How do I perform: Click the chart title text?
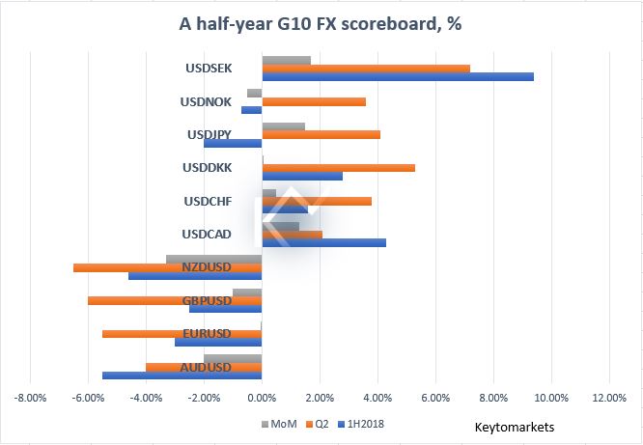321,24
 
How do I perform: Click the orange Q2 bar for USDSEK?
366,69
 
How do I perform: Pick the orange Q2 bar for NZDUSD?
168,267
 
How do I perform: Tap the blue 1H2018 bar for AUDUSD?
182,375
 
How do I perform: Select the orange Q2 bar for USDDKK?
339,168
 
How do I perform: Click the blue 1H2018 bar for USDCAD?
324,242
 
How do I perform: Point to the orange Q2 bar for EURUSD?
182,334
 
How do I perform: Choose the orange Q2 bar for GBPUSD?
175,301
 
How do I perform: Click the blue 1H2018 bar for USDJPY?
233,143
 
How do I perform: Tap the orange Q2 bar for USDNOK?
314,101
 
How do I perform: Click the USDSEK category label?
208,69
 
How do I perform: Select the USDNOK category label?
206,101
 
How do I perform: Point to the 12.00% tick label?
608,397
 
